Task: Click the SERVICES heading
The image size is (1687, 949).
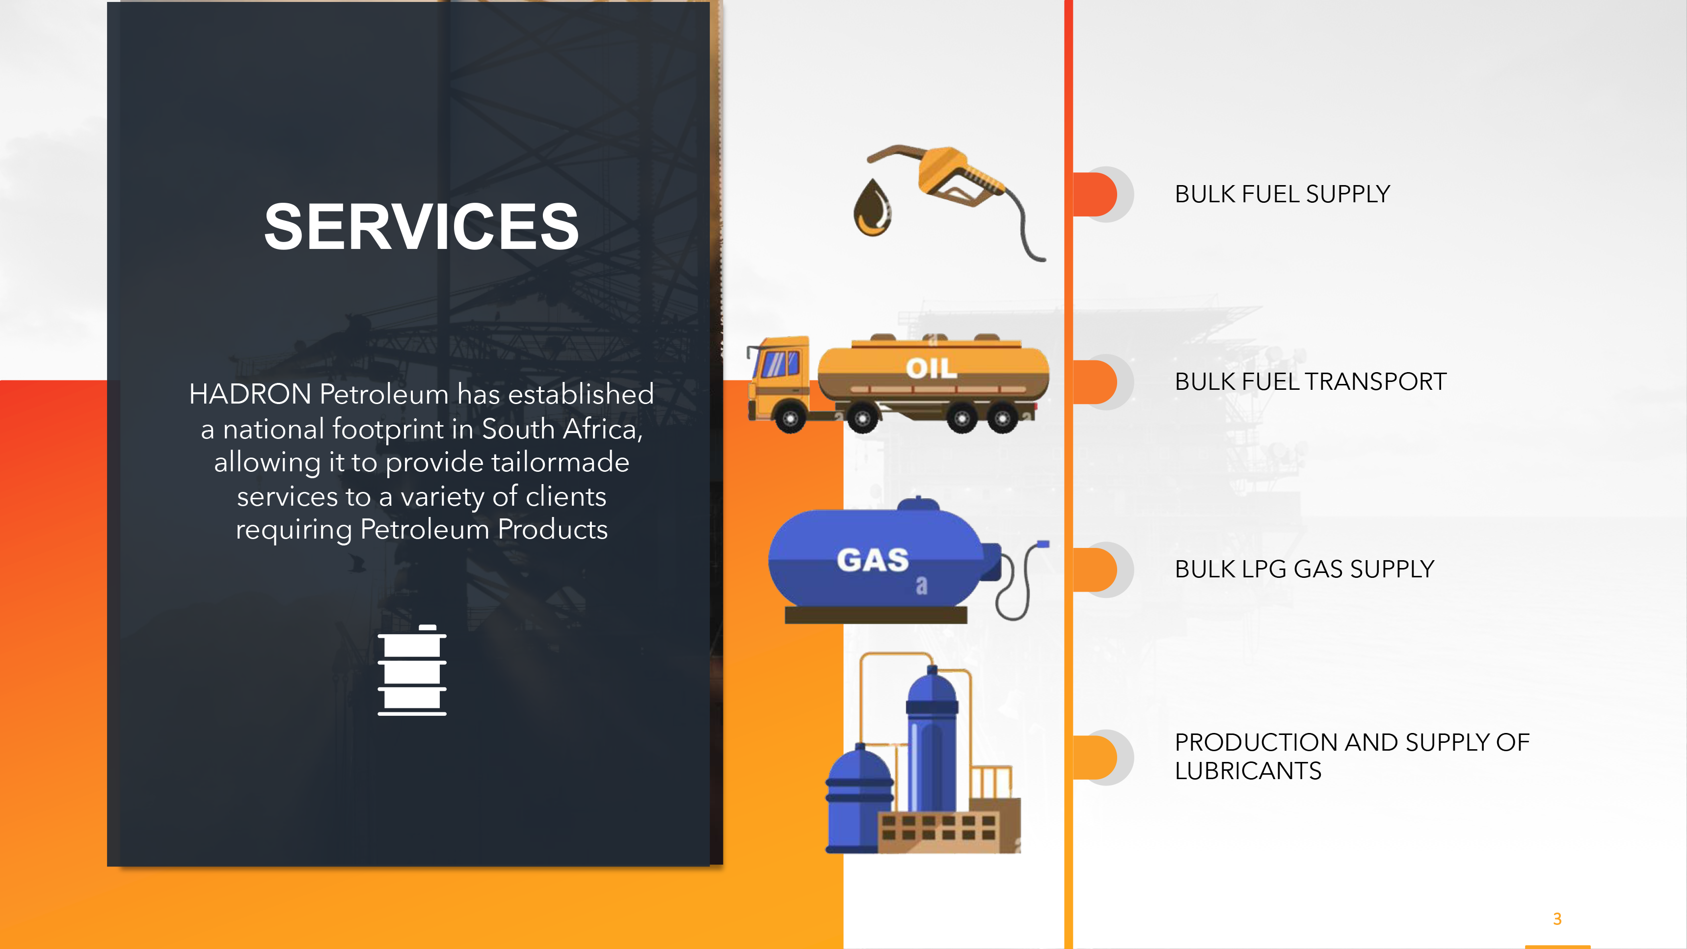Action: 421,227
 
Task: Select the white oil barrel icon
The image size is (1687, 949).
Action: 412,670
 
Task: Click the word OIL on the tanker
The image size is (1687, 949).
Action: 931,368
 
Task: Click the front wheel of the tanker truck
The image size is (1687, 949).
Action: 790,418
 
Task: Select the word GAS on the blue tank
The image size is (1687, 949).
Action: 873,560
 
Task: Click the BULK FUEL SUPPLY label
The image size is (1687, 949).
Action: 1282,194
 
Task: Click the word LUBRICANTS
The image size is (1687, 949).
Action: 1248,771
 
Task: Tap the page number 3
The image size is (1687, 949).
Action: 1557,919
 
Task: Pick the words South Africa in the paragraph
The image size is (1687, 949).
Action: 562,429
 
